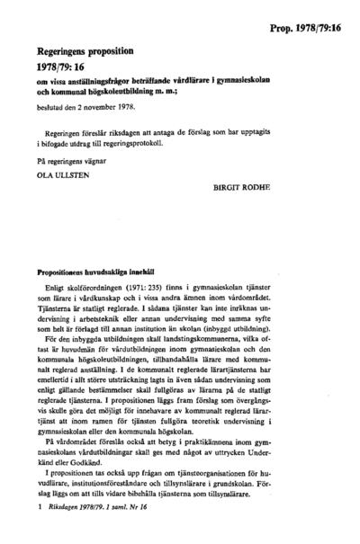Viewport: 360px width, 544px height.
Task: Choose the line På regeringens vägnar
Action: (71, 160)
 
